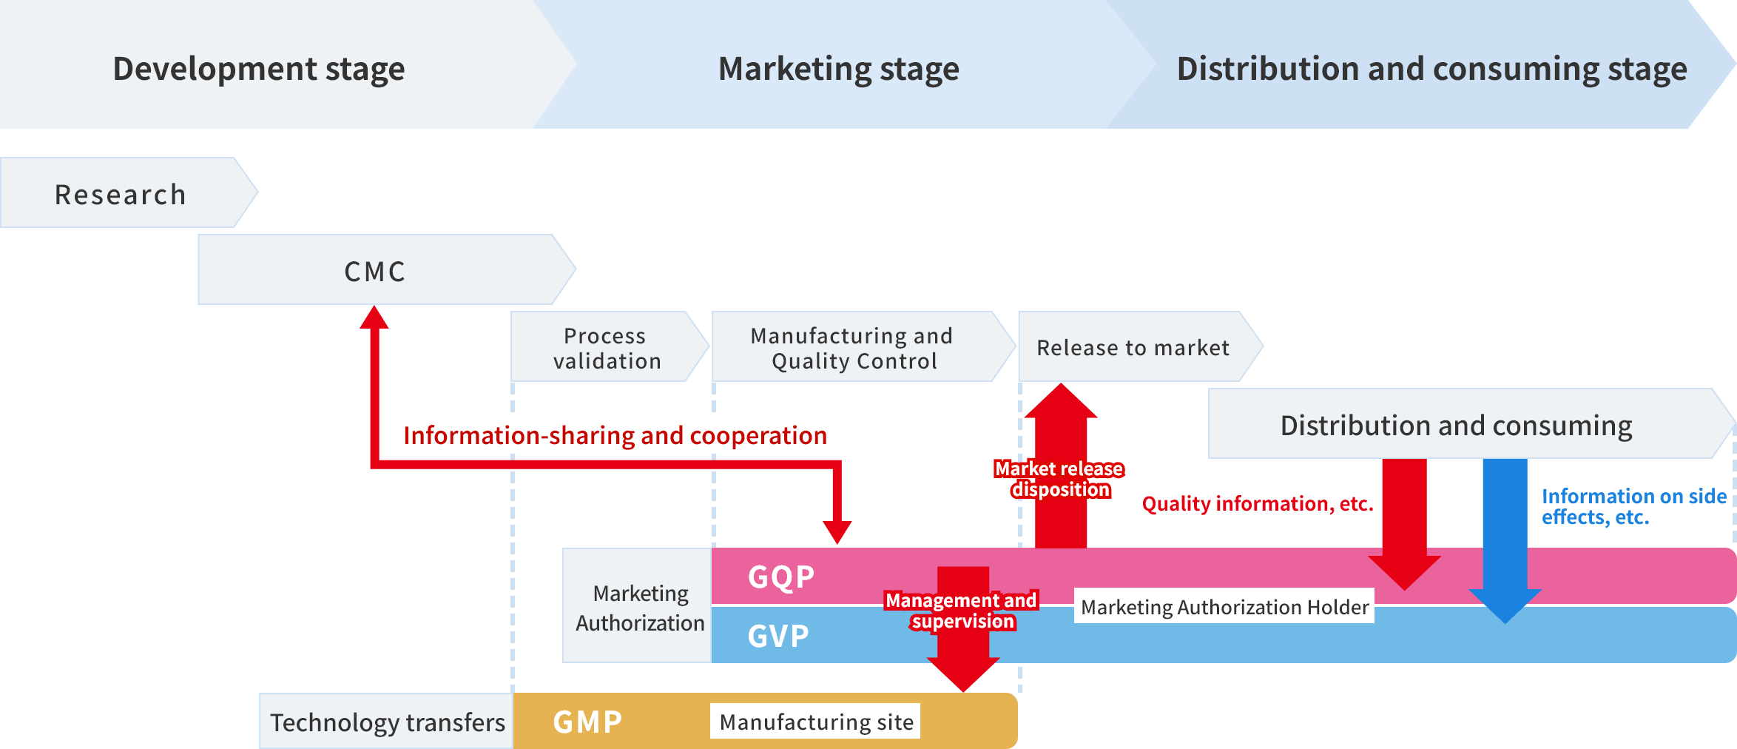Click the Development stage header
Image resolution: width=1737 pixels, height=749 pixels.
click(259, 68)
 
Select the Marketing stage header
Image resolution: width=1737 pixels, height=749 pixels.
click(838, 68)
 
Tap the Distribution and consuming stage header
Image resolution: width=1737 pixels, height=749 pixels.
click(1431, 68)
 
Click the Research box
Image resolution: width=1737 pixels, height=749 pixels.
click(121, 194)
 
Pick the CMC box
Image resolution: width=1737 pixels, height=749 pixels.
click(375, 271)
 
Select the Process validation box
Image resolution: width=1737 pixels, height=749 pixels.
click(607, 348)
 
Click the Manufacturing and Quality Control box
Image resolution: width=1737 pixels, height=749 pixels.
click(852, 348)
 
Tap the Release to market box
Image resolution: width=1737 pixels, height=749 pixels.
click(1133, 348)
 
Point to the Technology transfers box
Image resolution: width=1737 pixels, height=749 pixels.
click(387, 722)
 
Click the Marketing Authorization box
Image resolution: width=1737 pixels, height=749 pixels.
click(639, 607)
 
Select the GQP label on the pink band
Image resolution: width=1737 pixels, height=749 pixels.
click(781, 577)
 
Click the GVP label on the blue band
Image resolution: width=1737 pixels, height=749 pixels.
click(778, 636)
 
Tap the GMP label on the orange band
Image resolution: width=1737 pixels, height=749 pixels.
click(588, 722)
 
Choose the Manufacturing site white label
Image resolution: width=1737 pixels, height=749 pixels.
click(816, 722)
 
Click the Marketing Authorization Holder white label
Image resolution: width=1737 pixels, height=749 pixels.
click(1224, 607)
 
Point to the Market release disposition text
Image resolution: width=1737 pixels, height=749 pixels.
click(1059, 479)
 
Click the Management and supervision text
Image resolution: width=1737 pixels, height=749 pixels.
click(962, 611)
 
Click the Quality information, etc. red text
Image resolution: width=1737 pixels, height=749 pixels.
click(1257, 504)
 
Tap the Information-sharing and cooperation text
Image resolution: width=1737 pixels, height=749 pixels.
click(615, 435)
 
